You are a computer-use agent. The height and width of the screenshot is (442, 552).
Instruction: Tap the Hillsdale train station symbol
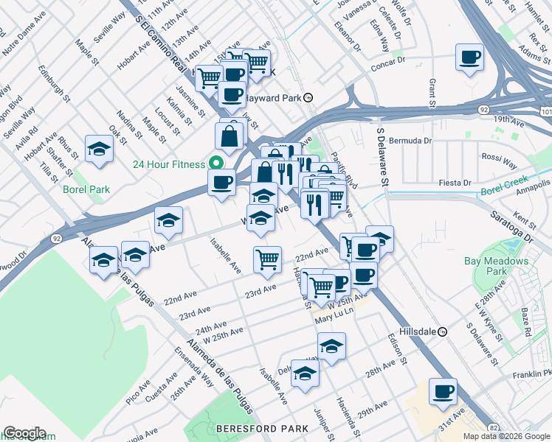click(442, 331)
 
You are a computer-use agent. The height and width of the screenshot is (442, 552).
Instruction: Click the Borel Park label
click(91, 189)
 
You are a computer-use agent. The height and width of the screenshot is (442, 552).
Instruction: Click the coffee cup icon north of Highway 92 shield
click(469, 57)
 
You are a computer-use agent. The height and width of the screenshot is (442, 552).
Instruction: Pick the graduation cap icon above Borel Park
click(98, 150)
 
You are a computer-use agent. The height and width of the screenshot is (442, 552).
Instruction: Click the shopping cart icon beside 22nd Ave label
click(266, 259)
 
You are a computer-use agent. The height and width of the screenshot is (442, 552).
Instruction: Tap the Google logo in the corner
click(24, 433)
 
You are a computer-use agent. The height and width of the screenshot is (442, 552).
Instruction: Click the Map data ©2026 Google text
click(506, 436)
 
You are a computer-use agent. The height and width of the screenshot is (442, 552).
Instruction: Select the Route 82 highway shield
click(491, 427)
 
